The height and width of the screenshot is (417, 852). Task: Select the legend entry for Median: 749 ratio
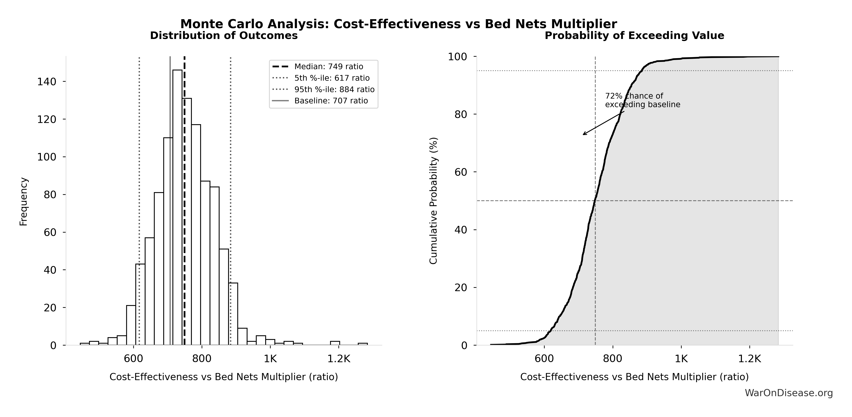tap(328, 67)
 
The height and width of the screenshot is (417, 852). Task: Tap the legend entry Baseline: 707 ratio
tap(331, 101)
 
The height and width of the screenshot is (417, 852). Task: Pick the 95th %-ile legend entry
tap(334, 90)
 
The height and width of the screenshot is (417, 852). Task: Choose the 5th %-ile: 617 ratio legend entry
tap(332, 78)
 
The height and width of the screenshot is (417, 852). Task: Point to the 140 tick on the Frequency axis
tap(46, 82)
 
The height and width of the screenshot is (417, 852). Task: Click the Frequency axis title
tap(24, 202)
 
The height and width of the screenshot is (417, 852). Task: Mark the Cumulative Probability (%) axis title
tap(433, 200)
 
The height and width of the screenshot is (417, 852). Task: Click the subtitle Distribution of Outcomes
tap(224, 36)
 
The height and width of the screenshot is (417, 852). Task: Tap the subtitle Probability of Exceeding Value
tap(634, 36)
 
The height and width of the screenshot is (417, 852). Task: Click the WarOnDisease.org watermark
tap(788, 393)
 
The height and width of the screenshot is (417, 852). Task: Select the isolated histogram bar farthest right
tap(362, 344)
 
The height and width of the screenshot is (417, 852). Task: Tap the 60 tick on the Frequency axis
tap(50, 232)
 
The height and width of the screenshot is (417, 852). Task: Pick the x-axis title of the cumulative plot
tap(634, 377)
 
